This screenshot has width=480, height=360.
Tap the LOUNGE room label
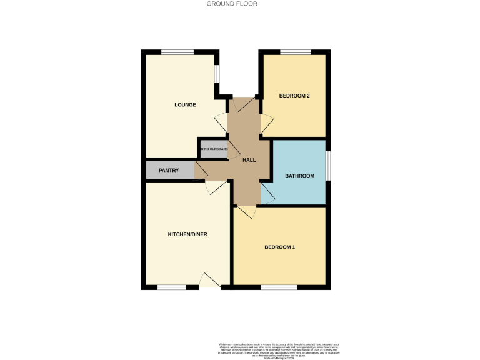185,105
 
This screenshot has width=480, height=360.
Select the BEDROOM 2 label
294,96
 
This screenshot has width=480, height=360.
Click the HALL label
249,161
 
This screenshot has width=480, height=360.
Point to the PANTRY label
169,170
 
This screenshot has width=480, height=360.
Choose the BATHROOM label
299,176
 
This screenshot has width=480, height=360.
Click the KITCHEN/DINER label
187,234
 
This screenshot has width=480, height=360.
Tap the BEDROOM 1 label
279,247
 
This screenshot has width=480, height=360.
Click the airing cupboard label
214,149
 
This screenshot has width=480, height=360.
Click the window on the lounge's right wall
217,73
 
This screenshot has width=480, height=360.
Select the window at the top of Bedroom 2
295,52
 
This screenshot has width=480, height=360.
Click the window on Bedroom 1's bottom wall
279,287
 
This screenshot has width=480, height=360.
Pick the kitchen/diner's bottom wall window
171,287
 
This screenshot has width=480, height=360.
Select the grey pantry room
162,170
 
